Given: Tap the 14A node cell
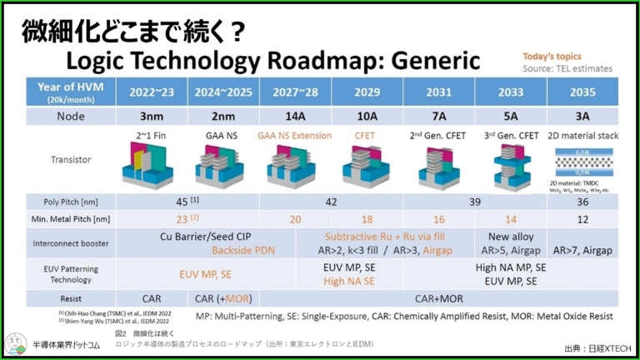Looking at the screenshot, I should pyautogui.click(x=296, y=116).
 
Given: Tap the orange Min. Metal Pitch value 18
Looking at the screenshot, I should pyautogui.click(x=367, y=219).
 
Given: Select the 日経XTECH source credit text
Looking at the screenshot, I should pyautogui.click(x=593, y=347).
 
